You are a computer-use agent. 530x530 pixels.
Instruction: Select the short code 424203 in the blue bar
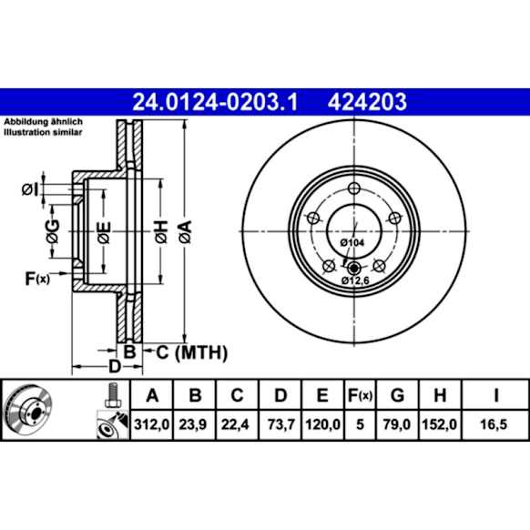click(x=366, y=101)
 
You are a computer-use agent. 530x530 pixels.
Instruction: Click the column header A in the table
click(x=151, y=394)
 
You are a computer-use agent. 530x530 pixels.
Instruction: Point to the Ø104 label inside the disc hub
click(x=352, y=243)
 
